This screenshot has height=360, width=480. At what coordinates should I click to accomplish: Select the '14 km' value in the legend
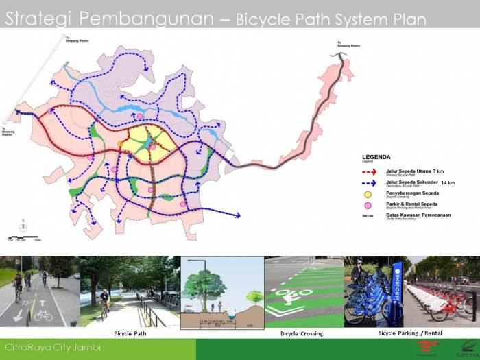click(447, 182)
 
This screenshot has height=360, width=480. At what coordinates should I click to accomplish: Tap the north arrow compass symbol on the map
click(23, 226)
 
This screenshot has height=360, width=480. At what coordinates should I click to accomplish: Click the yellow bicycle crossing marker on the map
click(121, 143)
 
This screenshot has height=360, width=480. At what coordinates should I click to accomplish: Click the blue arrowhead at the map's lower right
click(237, 216)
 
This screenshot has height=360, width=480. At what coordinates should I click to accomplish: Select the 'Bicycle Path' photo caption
click(131, 333)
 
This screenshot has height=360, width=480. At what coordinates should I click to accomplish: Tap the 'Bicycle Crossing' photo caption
click(301, 333)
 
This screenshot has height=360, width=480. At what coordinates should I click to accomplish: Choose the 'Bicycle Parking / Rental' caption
click(409, 333)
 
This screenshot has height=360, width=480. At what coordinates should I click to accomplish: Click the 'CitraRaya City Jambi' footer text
click(53, 348)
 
